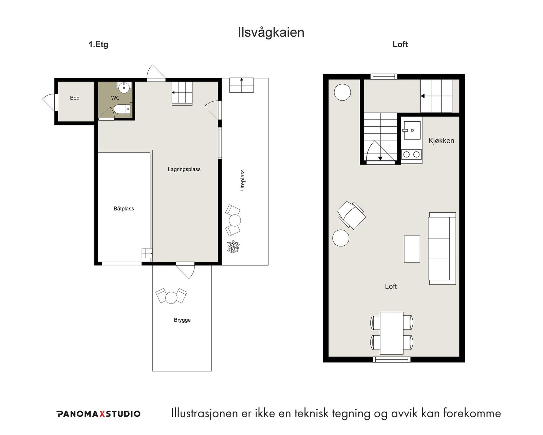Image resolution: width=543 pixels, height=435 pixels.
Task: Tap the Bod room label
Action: [x=75, y=98]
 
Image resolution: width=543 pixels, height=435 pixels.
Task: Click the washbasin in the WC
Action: [x=124, y=87]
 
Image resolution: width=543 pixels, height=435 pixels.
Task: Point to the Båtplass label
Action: [x=124, y=209]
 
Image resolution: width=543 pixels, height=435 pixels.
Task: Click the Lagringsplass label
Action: [x=184, y=169]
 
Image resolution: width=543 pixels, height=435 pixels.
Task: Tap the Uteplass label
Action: [x=242, y=180]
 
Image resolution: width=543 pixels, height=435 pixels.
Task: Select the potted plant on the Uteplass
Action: [x=233, y=247]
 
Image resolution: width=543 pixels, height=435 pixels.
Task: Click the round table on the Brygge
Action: [x=171, y=297]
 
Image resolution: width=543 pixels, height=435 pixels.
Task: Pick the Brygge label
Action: [x=182, y=320]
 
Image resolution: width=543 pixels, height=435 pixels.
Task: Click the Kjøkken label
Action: [x=441, y=141]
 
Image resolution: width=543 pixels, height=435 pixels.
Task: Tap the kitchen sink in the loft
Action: [x=412, y=130]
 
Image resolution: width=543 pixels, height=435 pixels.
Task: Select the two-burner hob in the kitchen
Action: [x=412, y=154]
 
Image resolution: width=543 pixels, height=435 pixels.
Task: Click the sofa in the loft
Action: [x=442, y=248]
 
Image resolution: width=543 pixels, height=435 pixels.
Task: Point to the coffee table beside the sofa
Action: [x=412, y=249]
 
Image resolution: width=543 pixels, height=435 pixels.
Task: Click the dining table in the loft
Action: [x=392, y=333]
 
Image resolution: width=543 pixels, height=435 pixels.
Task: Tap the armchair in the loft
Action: [x=352, y=215]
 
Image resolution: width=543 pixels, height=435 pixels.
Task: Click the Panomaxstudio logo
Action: [x=98, y=414]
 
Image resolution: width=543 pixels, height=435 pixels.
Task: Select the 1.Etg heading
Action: [x=98, y=45]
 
